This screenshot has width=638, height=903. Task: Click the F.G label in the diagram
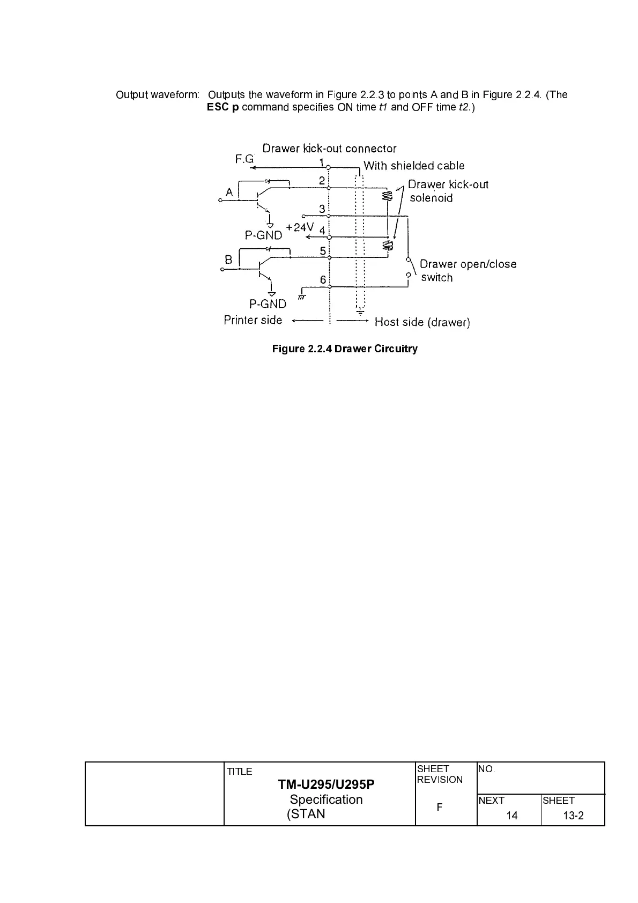click(244, 159)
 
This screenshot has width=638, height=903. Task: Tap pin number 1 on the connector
click(321, 162)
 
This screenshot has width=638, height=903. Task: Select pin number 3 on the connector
click(322, 209)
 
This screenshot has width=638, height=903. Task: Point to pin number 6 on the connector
click(323, 279)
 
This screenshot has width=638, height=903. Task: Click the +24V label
click(299, 227)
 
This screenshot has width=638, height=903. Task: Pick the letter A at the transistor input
click(229, 192)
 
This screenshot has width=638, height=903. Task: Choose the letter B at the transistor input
click(229, 260)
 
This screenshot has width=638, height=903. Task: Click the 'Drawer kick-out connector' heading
click(329, 149)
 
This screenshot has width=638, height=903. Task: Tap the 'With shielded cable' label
click(414, 166)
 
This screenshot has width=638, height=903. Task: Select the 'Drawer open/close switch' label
click(468, 270)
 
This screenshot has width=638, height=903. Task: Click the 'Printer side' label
click(253, 320)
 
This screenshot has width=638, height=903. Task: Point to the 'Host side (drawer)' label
click(422, 322)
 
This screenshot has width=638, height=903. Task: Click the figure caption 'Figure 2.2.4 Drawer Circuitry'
click(345, 349)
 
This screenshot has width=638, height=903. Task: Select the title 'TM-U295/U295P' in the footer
click(326, 784)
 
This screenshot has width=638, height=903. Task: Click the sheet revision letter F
click(439, 807)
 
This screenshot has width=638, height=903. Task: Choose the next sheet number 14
click(511, 816)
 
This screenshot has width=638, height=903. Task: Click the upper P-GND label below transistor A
click(263, 235)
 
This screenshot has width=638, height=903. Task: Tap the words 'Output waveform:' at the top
click(157, 95)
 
